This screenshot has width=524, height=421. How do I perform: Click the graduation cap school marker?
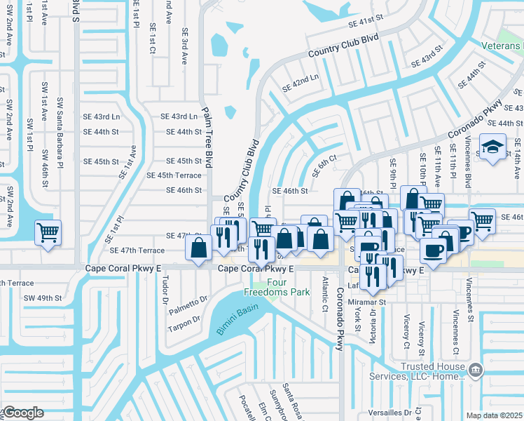492,148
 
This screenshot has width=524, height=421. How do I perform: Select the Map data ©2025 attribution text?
495,415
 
